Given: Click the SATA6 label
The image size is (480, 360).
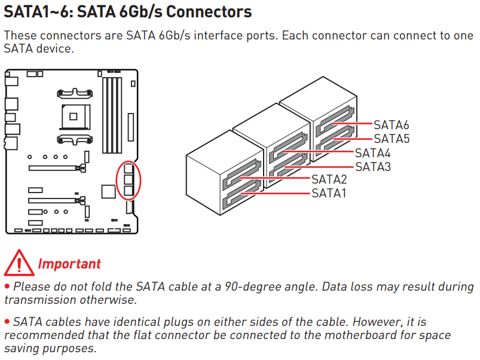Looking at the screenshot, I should click(x=391, y=125).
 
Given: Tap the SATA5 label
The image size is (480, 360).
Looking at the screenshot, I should click(x=391, y=139).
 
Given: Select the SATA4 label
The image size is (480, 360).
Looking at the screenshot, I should click(x=372, y=152).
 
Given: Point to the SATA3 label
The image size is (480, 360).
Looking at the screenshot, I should click(x=372, y=166).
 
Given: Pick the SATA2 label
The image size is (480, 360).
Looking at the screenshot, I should click(x=329, y=179).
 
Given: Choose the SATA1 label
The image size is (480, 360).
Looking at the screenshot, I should click(x=329, y=193).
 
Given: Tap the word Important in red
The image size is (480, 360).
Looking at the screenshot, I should click(x=69, y=264).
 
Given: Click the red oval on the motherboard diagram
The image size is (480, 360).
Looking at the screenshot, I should click(x=129, y=179).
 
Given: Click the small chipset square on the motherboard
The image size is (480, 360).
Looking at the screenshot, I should click(x=108, y=191).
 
